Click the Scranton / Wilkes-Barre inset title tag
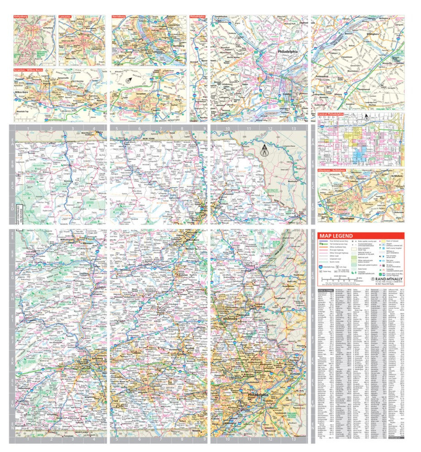tap(32, 71)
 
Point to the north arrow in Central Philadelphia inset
tap(366, 118)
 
